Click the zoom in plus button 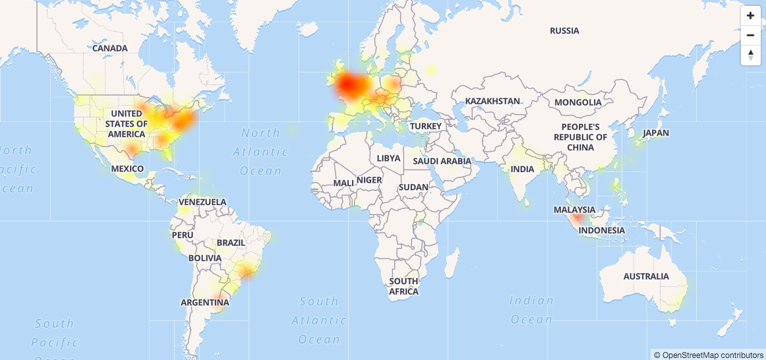click(750, 16)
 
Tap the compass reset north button click(750, 55)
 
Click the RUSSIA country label click(564, 31)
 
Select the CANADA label click(110, 48)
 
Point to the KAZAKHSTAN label click(492, 101)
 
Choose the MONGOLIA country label click(578, 102)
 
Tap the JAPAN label click(656, 133)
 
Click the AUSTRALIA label click(646, 276)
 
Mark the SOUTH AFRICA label click(403, 286)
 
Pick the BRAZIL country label click(231, 243)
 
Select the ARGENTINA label click(205, 303)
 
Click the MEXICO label click(127, 169)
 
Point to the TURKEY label click(425, 126)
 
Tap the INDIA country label click(523, 169)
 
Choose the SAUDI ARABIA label click(442, 161)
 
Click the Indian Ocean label click(531, 310)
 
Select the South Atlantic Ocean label click(319, 320)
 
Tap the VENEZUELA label click(202, 202)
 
